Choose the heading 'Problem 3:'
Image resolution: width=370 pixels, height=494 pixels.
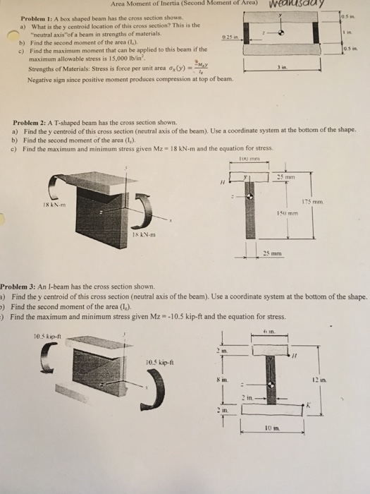click(20, 287)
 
